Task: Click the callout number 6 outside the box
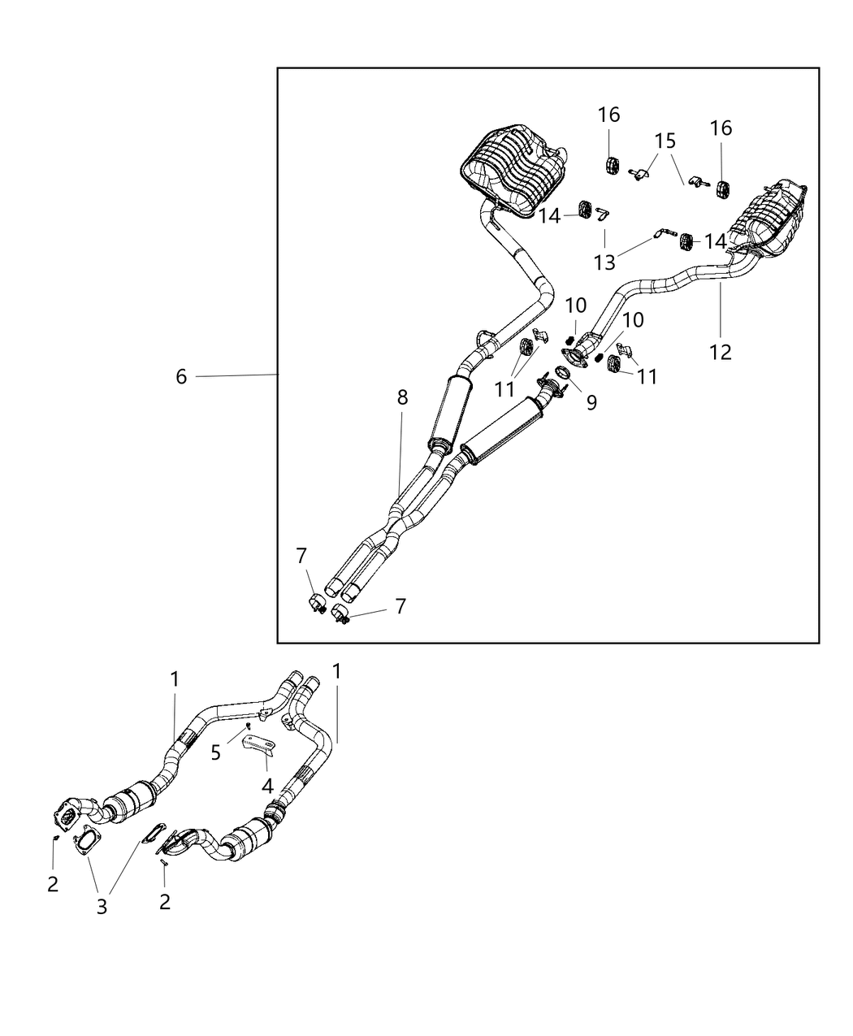181,376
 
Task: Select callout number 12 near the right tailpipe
720,352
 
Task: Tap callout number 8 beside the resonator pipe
402,397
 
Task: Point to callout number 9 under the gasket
591,401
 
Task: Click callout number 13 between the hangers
604,262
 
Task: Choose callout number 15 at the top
665,141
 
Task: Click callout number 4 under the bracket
266,786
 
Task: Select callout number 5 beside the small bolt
215,752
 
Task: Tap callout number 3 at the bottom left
102,906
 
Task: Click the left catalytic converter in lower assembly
136,804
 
